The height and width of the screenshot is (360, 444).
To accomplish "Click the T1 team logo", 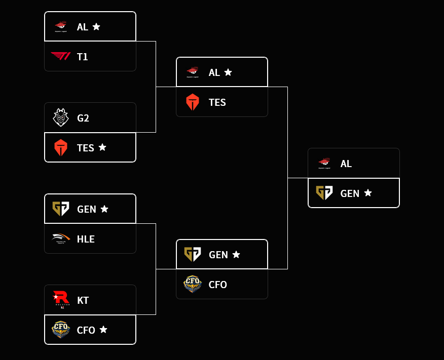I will pos(61,56).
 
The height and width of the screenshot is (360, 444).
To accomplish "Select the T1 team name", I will pos(83,57).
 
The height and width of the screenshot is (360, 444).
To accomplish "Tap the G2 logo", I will pos(61,118).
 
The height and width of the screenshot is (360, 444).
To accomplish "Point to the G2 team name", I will pos(83,118).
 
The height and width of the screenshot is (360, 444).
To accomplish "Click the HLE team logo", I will pos(61,239).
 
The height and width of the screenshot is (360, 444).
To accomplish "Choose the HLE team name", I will pos(86,239).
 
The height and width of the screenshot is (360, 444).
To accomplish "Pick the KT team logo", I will pos(61,300).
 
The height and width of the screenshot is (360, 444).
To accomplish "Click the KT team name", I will pos(83,301).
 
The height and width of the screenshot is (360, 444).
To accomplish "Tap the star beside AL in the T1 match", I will pos(96,26).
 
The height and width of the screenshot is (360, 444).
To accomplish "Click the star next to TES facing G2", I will pos(102,147).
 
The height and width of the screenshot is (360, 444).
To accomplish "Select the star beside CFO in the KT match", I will pos(103,330).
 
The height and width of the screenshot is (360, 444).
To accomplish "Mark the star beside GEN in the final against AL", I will pos(368,193).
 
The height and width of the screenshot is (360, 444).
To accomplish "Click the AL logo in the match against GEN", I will pos(324,163).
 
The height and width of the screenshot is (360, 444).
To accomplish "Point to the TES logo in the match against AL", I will pos(193,102).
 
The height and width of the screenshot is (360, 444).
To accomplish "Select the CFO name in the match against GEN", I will pos(218,285).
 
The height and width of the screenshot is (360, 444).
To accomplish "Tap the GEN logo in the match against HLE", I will pos(61,209).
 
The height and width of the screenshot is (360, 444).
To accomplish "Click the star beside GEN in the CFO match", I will pos(236,254).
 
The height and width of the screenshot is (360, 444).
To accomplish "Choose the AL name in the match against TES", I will pos(214,73).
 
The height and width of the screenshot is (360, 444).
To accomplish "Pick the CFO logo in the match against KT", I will pos(61,330).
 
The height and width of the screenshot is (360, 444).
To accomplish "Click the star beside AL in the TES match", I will pos(228,72).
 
